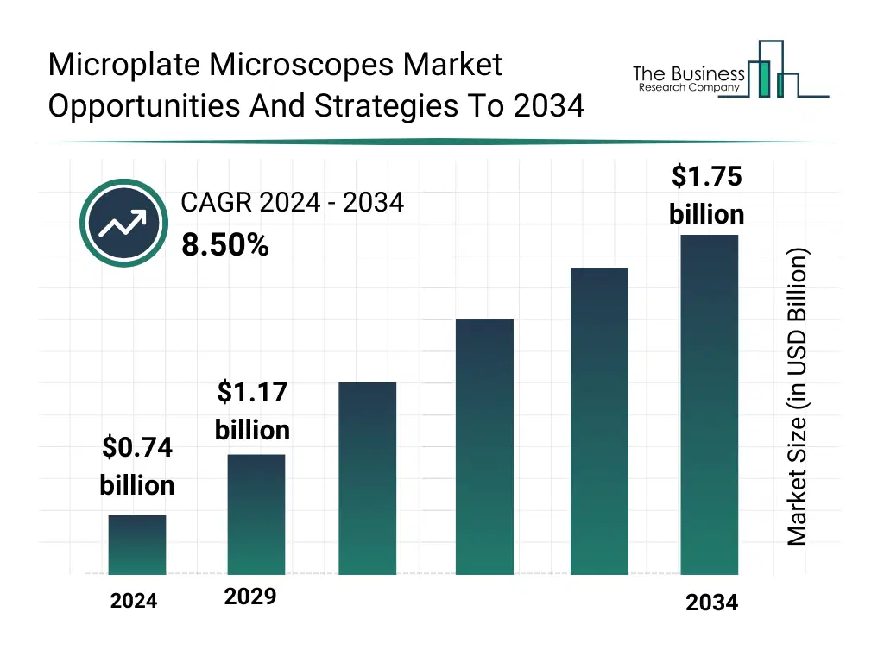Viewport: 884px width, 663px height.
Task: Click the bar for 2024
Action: click(x=137, y=545)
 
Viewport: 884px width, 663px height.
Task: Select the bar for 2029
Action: click(x=256, y=515)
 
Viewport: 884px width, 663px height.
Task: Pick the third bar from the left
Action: click(x=367, y=478)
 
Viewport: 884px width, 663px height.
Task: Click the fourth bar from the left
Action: click(x=484, y=447)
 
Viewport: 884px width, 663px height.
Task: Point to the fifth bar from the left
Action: click(x=599, y=421)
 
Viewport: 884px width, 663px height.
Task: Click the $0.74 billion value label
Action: click(x=137, y=466)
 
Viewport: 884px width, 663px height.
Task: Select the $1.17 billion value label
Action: click(x=252, y=411)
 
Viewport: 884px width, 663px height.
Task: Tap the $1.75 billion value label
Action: click(x=706, y=195)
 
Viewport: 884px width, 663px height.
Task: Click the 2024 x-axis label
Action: click(x=134, y=602)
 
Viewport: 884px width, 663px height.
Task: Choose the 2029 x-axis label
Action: click(x=250, y=597)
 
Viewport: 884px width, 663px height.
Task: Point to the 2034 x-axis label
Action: click(x=711, y=603)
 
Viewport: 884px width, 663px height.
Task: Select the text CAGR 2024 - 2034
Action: click(x=292, y=203)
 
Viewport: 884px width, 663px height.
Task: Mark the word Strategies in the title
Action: click(x=383, y=105)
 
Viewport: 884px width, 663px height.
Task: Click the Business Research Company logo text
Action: click(x=688, y=79)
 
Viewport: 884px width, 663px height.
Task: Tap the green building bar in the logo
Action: click(x=762, y=79)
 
